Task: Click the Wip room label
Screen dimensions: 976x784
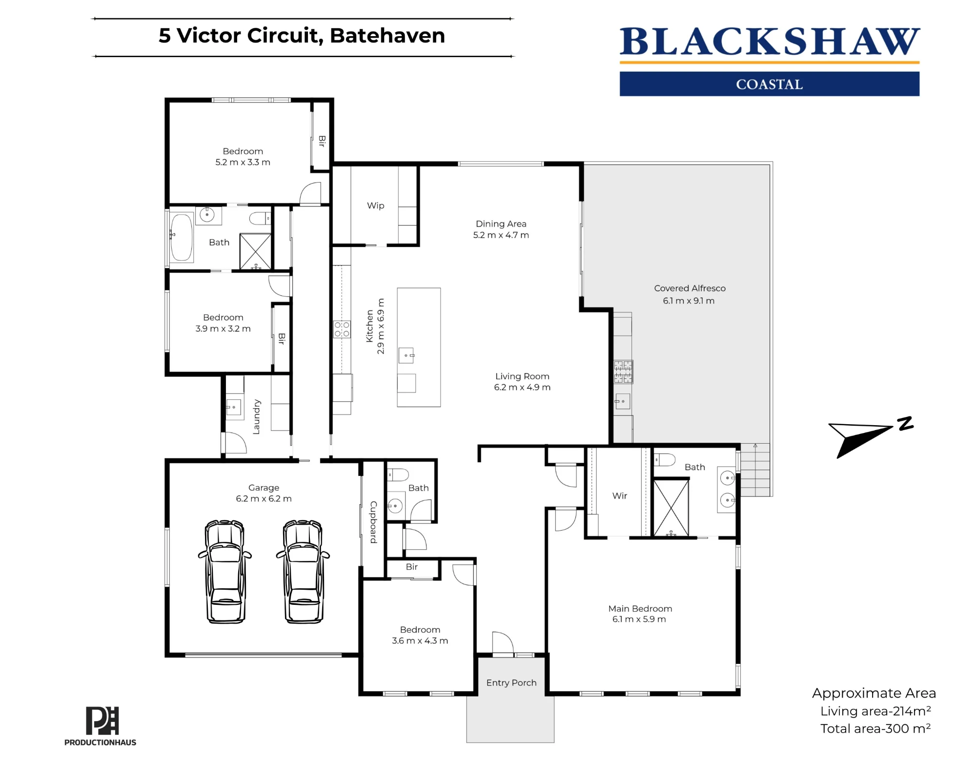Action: coord(376,206)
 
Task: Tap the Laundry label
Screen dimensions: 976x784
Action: coord(257,417)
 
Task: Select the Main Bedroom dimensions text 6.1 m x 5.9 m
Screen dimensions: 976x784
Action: coord(639,619)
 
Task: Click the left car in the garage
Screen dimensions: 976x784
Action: coord(225,572)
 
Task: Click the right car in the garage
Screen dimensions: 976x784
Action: coord(303,572)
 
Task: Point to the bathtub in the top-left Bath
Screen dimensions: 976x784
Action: coord(181,237)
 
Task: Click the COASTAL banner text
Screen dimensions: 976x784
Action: coord(769,84)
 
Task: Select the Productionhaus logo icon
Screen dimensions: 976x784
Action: coord(102,721)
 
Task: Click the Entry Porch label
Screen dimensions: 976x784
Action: coord(511,682)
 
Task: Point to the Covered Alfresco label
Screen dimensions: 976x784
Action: coord(690,288)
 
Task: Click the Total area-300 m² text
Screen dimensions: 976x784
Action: coord(875,728)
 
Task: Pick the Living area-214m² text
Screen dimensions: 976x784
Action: coord(875,711)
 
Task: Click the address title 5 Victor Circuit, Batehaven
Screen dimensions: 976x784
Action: coord(302,36)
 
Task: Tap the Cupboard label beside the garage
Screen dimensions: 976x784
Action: coord(373,522)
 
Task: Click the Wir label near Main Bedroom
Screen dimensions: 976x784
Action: coord(620,495)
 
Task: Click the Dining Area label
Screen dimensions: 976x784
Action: coord(501,224)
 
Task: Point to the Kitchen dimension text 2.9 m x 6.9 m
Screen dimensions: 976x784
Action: coord(381,327)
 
